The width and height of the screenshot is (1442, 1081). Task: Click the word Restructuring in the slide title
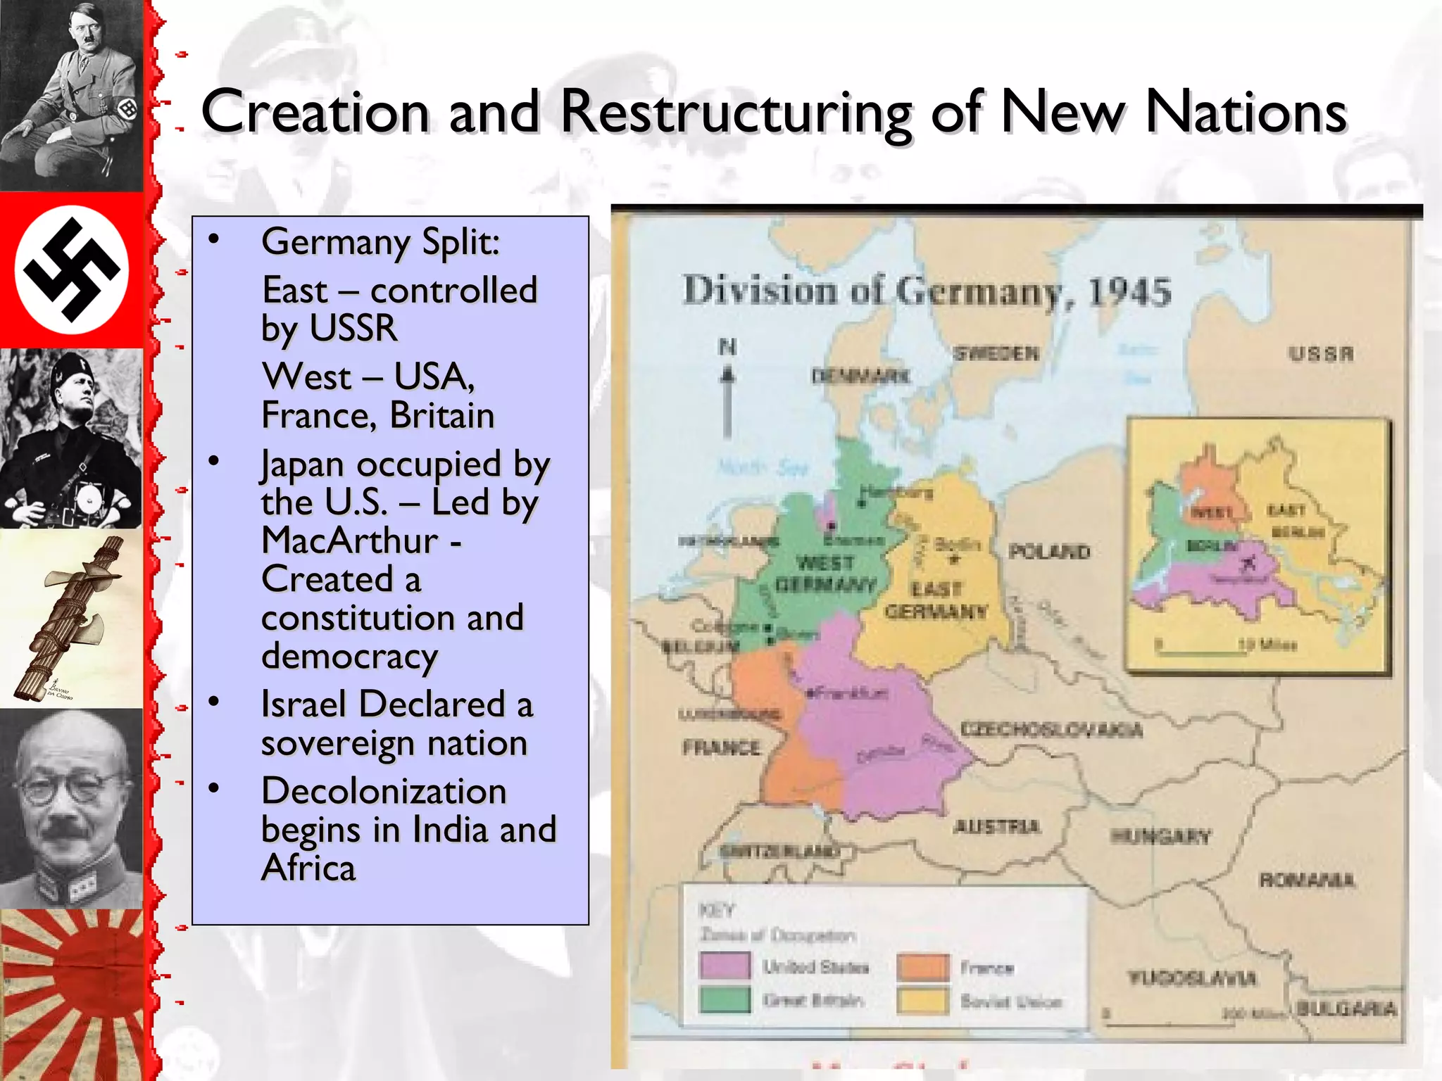pos(736,113)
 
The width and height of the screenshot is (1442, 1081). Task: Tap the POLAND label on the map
pos(1049,551)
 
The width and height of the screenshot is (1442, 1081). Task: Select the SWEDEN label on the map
pos(996,353)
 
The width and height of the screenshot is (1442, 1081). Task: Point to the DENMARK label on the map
pos(860,376)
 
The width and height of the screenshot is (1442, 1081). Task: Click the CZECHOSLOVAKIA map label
pos(1051,730)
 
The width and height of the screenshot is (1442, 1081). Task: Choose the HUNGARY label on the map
pos(1160,836)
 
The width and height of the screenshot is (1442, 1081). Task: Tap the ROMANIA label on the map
pos(1306,880)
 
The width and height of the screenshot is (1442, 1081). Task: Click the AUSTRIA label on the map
pos(996,826)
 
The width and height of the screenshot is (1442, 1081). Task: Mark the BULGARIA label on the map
pos(1346,1009)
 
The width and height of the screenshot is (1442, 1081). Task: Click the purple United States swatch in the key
pos(725,966)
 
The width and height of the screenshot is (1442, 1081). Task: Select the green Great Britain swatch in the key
pos(725,999)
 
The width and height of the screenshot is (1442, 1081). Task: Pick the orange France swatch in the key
pos(923,967)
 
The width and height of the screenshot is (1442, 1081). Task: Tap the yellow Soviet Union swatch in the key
pos(923,1001)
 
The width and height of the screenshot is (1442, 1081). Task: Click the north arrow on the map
pos(727,394)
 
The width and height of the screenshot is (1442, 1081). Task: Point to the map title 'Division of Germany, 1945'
pos(927,291)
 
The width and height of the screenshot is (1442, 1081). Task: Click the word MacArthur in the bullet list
pos(350,540)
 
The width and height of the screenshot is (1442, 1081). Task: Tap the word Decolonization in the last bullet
pos(384,790)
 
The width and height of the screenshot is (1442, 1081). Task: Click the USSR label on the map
pos(1321,353)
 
